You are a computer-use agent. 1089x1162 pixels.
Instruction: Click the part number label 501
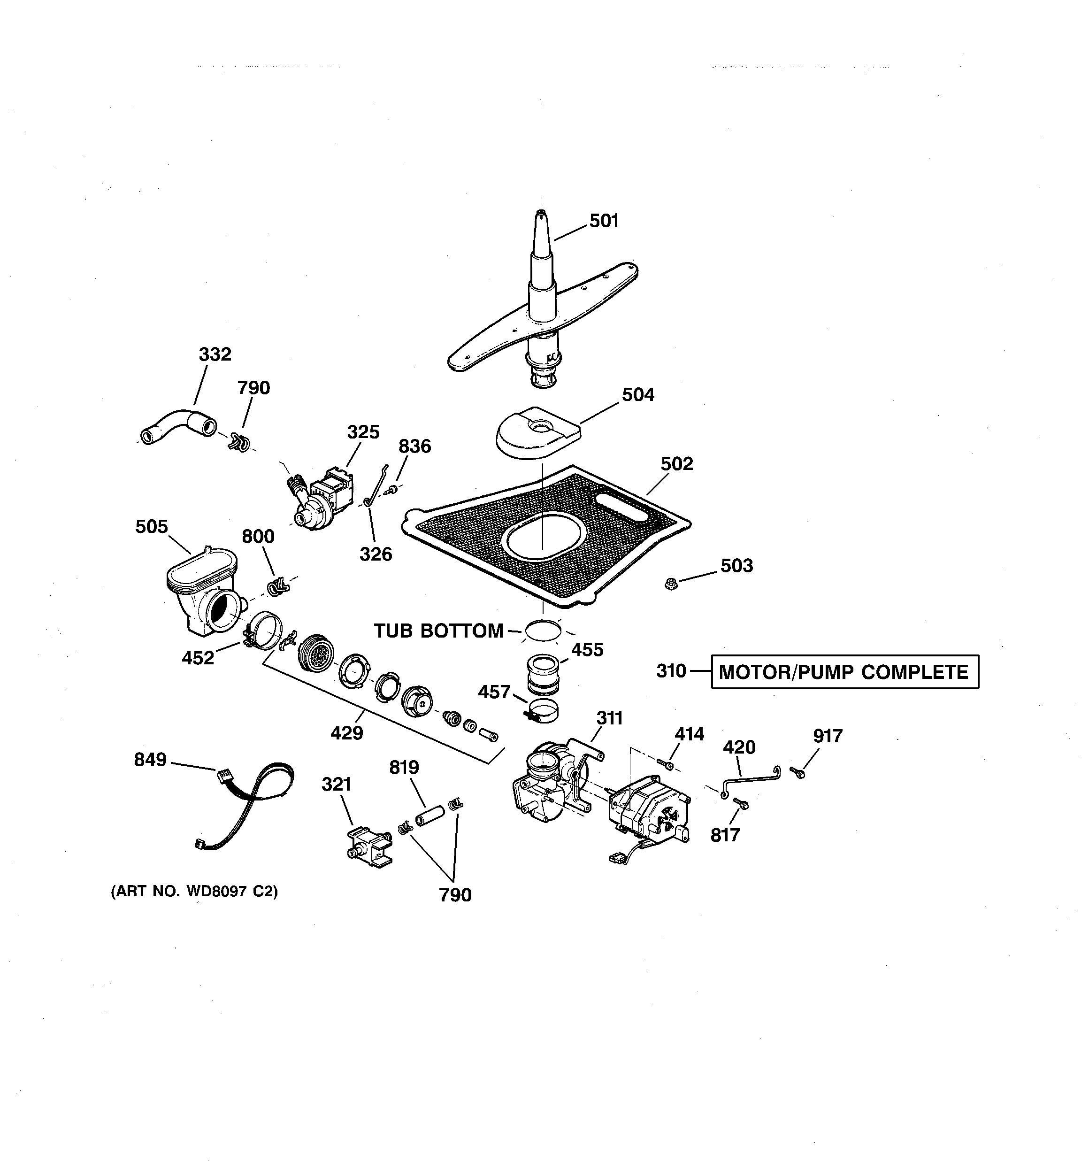pyautogui.click(x=603, y=221)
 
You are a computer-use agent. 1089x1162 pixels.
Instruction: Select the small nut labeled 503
pyautogui.click(x=671, y=583)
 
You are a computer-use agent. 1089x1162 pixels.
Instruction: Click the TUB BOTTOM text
pyautogui.click(x=438, y=631)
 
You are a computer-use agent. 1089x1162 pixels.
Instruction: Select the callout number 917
pyautogui.click(x=828, y=736)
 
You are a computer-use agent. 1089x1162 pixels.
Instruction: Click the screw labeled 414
pyautogui.click(x=666, y=763)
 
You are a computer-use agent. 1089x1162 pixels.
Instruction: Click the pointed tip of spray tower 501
pyautogui.click(x=541, y=215)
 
